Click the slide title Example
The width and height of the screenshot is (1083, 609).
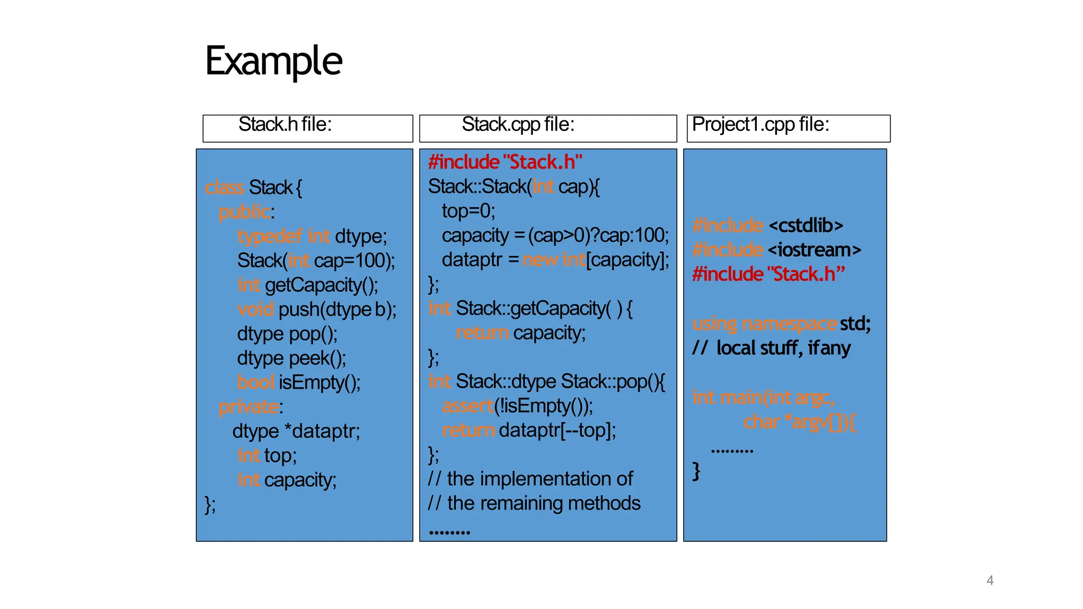coord(273,61)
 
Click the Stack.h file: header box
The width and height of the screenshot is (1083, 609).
coord(307,128)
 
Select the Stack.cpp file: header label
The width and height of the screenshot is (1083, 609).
coord(518,125)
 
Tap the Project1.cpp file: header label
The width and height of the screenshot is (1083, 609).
coord(760,125)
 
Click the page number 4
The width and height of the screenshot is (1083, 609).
coord(989,580)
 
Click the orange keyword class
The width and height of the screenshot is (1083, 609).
coord(224,188)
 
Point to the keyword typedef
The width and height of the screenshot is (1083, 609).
coord(270,236)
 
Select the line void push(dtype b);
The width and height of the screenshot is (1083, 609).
coord(316,309)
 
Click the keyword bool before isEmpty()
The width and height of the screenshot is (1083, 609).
coord(255,382)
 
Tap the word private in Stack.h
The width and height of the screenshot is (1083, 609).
coord(249,407)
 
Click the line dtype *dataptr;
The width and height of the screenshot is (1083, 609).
coord(296,431)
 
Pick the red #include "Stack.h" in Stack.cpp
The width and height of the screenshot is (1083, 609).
coord(505,162)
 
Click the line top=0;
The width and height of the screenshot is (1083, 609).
coord(469,211)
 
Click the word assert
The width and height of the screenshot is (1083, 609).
coord(467,406)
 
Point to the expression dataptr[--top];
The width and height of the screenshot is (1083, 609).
coord(557,430)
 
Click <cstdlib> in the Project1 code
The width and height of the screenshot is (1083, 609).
coord(805,226)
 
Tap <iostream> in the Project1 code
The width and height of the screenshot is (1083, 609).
coord(814,250)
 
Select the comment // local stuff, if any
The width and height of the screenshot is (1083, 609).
coord(772,348)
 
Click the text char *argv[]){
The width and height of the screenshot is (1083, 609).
coord(799,422)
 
